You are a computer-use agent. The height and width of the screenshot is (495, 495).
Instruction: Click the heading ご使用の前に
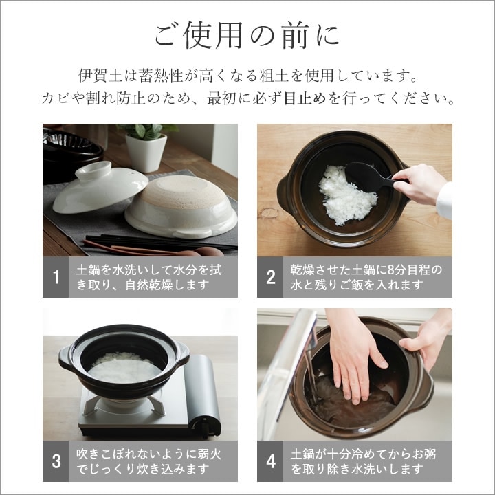pos(247,36)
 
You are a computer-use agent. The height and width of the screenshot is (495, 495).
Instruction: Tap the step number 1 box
pos(56,277)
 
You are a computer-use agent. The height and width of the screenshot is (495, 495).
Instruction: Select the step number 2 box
pos(270,277)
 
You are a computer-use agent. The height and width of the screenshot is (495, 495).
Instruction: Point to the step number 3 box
pos(56,461)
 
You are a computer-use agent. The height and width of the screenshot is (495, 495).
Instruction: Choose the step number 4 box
pos(270,461)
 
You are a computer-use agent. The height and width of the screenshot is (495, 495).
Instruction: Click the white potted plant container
pos(146,153)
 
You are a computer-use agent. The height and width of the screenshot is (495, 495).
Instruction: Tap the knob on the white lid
pos(93,170)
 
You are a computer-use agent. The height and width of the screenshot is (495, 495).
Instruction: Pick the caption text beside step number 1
pos(149,277)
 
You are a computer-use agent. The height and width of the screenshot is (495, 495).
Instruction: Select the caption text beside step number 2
pos(366,277)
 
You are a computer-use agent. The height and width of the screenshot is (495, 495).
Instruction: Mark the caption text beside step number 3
pos(149,461)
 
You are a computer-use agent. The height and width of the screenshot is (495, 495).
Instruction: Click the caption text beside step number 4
pos(364,461)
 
